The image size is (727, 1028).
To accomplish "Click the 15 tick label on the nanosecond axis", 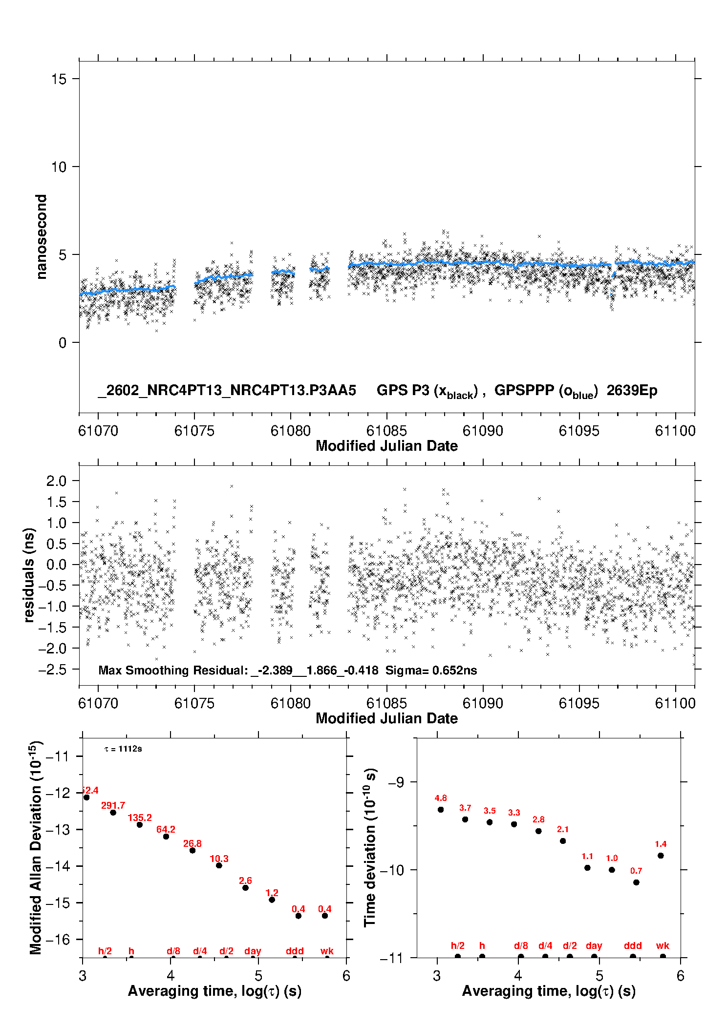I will point(59,79).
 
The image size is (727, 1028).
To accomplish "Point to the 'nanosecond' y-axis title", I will point(41,237).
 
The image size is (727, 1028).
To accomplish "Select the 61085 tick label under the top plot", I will point(386,431).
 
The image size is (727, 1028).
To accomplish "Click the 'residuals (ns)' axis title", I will point(29,575).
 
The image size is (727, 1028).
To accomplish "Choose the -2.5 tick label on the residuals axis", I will point(52,670).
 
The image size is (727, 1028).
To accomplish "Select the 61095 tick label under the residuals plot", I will point(578,703).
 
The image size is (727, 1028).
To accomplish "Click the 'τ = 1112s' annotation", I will point(123,749).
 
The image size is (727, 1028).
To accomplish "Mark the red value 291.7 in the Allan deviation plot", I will point(113,805).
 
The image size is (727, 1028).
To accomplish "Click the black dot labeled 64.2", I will point(166,837).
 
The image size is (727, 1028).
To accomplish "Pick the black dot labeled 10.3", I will point(219,865).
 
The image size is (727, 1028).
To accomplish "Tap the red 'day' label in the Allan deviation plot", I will point(253,951).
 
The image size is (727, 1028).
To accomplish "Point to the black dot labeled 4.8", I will point(441,809).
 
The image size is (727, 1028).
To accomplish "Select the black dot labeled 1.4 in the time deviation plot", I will point(661,856).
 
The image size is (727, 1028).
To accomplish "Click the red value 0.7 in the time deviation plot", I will point(636,871).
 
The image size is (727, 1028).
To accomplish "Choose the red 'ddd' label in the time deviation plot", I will point(633,945).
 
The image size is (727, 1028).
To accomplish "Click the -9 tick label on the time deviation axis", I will point(396,782).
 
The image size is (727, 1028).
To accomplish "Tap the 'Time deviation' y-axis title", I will point(370,847).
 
